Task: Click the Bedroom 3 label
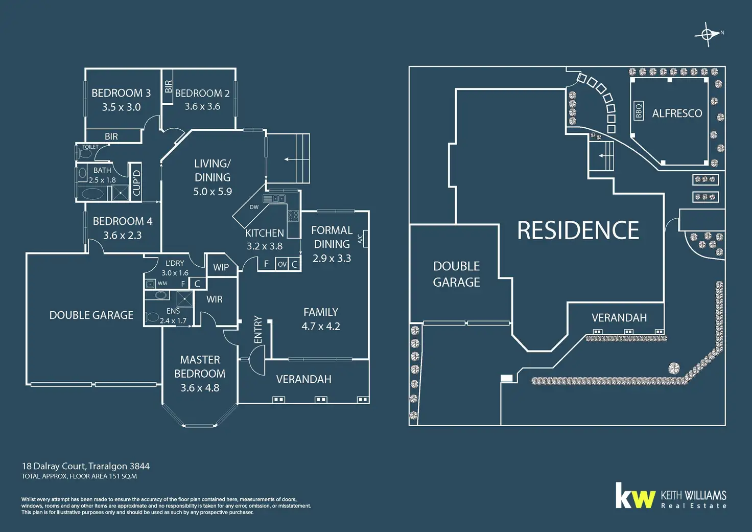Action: coord(121,93)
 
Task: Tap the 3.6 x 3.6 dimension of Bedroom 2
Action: coord(202,106)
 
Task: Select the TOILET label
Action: coord(90,147)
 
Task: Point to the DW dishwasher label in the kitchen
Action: coord(254,207)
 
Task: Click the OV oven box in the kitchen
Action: coord(282,264)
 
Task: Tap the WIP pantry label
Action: coord(221,267)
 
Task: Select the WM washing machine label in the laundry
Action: coord(162,283)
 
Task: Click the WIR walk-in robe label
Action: coord(215,299)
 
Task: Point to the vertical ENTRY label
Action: coord(258,330)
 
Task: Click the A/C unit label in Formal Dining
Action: coord(361,239)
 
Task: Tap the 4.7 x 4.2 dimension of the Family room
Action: coord(321,326)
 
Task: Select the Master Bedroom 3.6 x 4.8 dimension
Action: coord(200,388)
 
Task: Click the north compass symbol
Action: coord(708,35)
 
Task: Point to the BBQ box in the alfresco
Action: coord(639,111)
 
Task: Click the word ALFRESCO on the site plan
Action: coord(677,113)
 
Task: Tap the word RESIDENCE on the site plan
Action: coord(578,230)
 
